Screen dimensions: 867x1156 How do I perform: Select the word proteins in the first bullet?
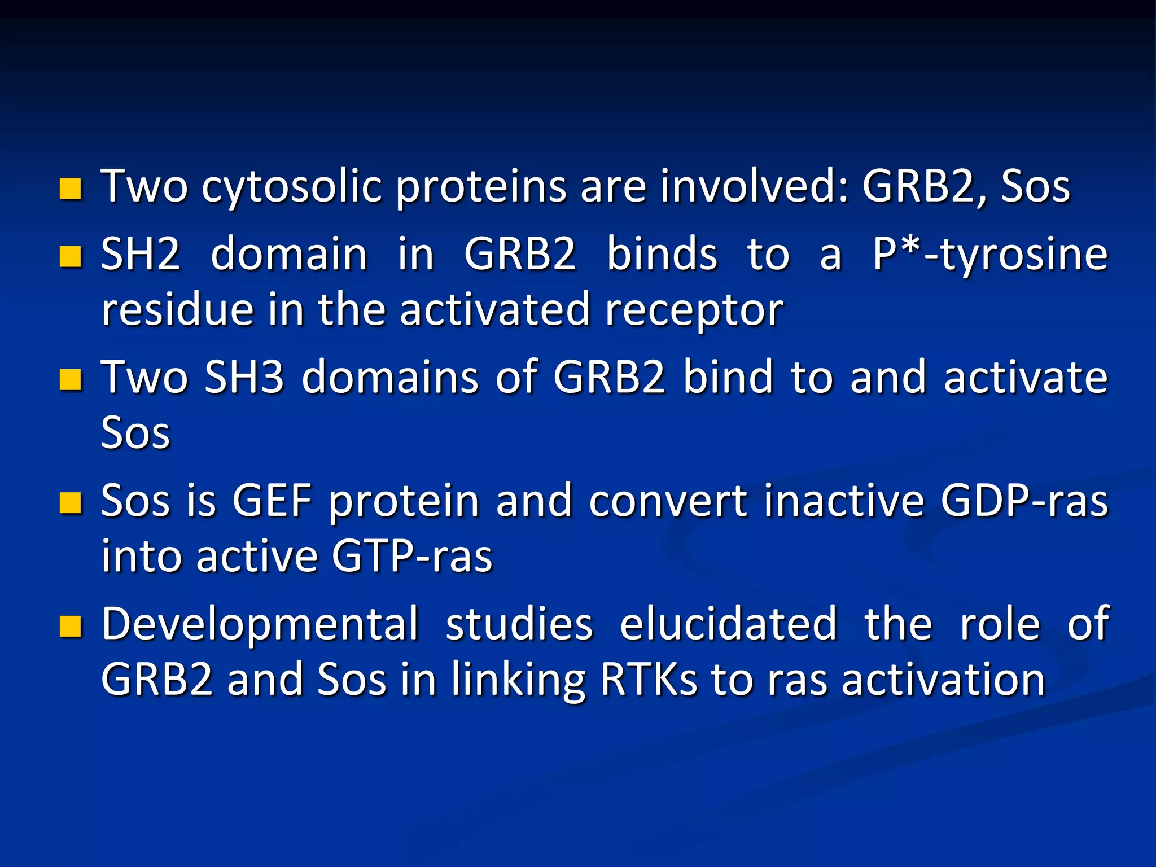480,187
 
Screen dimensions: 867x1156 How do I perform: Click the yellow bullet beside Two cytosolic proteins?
71,189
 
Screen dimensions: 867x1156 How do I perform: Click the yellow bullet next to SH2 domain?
71,256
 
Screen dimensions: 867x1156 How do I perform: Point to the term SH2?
141,255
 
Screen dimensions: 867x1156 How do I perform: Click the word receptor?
694,311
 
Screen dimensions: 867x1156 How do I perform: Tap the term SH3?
244,377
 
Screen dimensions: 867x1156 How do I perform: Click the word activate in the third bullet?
1026,377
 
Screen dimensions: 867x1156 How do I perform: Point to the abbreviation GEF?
272,501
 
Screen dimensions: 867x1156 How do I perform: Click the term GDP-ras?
1024,501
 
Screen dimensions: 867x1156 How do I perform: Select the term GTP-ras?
412,557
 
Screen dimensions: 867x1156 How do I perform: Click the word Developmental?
260,624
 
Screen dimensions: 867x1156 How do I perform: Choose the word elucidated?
728,624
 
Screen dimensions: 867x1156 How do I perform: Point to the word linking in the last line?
518,681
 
